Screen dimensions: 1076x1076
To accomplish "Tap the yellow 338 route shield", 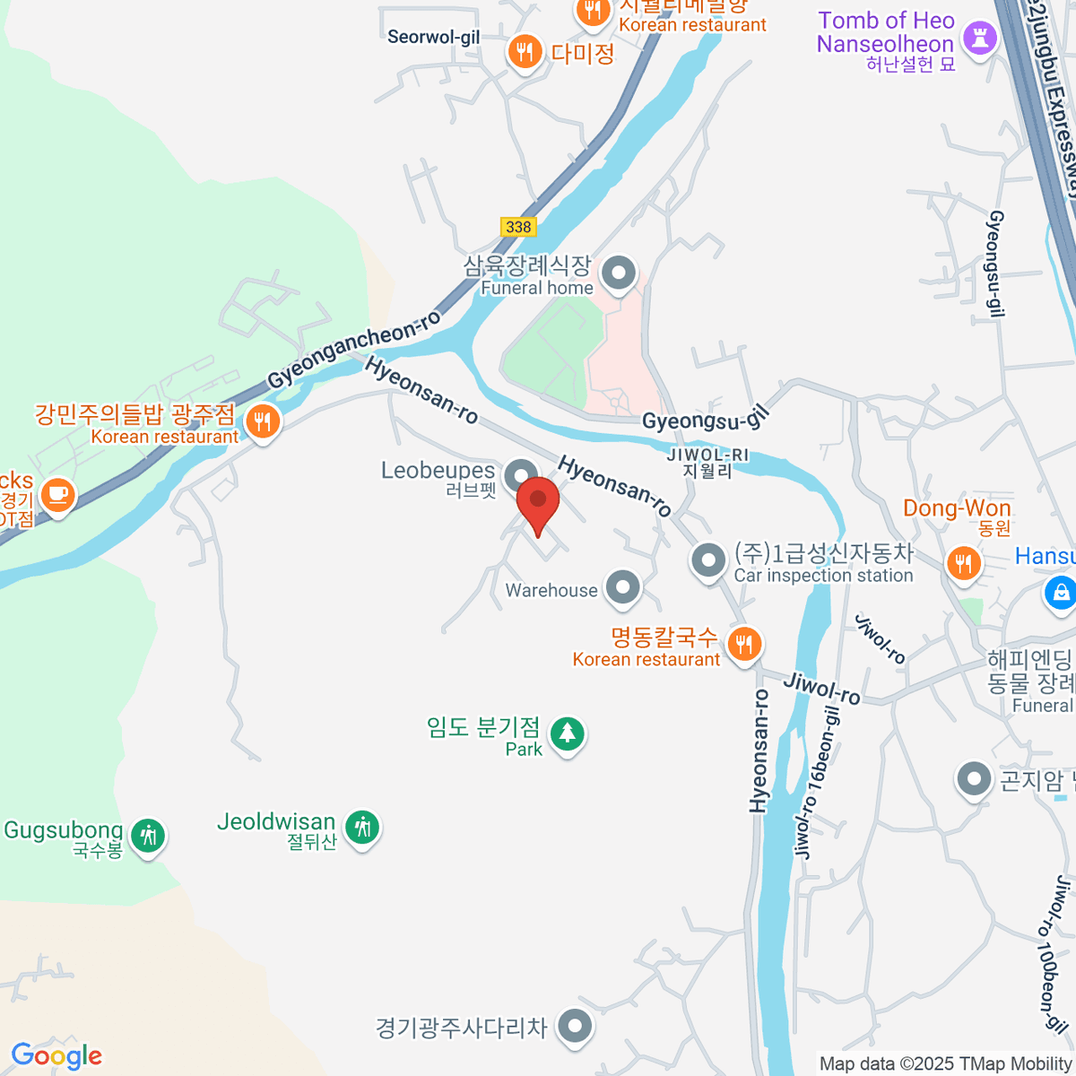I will (518, 226).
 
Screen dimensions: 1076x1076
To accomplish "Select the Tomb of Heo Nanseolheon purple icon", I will (978, 38).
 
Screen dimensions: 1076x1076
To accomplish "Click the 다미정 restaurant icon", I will (525, 51).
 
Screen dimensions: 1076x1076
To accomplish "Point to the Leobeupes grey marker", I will (521, 475).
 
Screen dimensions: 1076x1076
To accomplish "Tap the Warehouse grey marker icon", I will (622, 588).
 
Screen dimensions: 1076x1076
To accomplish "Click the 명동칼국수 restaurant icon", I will (743, 643).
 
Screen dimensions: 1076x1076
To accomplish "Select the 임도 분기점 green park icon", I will (567, 733).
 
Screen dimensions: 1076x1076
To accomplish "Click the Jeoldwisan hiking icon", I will (362, 826).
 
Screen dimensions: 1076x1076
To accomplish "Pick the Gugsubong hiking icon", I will (148, 835).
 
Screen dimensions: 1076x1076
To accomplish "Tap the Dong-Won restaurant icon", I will (964, 563).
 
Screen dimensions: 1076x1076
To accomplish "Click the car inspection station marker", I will (708, 560).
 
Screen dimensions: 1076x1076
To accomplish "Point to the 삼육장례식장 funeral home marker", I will (618, 273).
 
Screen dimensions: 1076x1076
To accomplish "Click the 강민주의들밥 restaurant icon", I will (262, 421).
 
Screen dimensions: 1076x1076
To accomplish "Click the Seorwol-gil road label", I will (433, 37).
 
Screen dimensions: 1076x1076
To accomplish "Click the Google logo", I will (56, 1055).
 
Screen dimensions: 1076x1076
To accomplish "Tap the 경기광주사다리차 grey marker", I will (574, 1026).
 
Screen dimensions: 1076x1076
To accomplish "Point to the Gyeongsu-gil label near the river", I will (706, 418).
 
